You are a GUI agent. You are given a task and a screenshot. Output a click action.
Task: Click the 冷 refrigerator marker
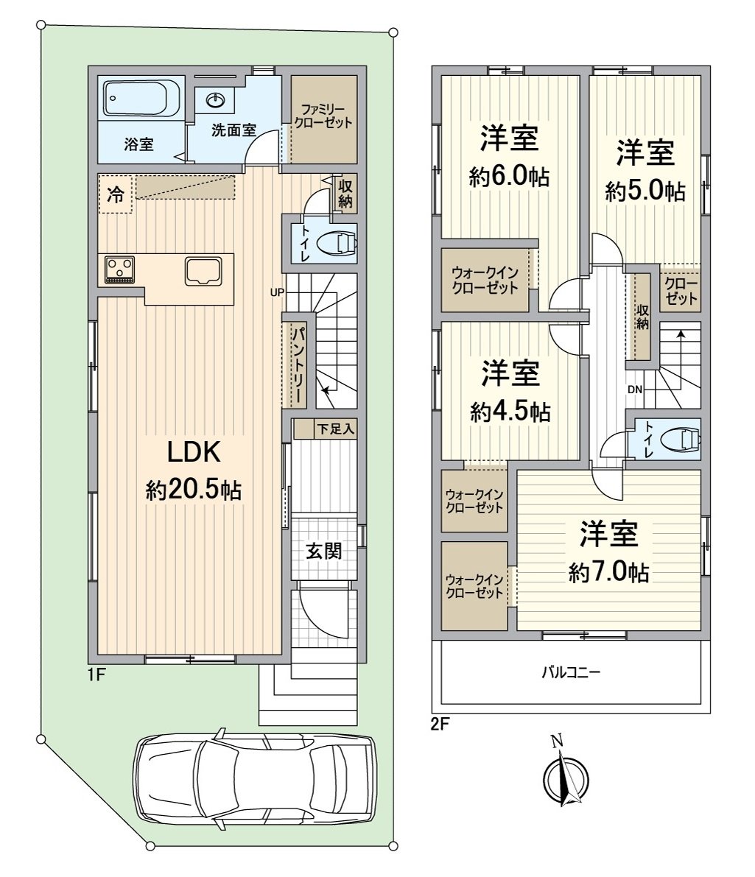click(x=116, y=195)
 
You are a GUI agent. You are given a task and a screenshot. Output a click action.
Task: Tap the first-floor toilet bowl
click(x=343, y=242)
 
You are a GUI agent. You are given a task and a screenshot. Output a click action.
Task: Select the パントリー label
click(x=298, y=364)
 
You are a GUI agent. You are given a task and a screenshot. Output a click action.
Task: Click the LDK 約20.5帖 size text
click(x=193, y=490)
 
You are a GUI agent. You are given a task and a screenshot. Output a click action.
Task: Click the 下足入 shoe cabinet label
click(x=335, y=428)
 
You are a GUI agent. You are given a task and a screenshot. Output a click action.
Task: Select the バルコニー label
click(x=572, y=672)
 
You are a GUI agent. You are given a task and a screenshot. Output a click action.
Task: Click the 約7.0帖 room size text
click(x=608, y=572)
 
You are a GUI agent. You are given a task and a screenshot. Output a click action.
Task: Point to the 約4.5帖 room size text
click(x=510, y=412)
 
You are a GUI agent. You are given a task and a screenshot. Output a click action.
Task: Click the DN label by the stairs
click(x=635, y=390)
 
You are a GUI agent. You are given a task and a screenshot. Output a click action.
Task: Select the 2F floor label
click(x=440, y=724)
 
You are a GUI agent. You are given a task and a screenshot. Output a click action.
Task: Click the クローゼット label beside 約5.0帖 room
click(x=680, y=292)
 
